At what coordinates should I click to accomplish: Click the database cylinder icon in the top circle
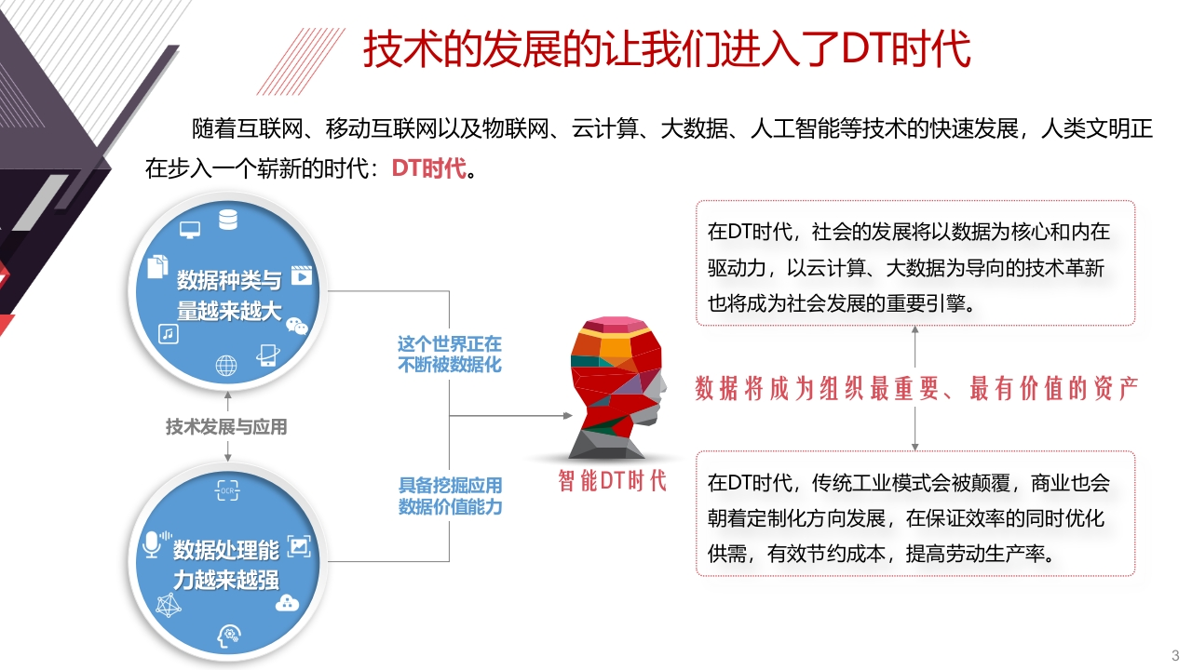(x=228, y=220)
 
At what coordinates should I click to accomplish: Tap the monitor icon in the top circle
(x=190, y=230)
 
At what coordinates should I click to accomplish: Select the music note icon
(x=169, y=334)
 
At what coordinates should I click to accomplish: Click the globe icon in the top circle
(x=226, y=366)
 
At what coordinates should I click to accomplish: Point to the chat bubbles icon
(x=296, y=326)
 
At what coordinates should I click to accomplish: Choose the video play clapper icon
(x=302, y=275)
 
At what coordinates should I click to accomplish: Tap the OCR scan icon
(x=227, y=490)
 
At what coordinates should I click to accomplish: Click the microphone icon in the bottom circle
(x=156, y=544)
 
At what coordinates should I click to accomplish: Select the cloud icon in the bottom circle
(x=288, y=604)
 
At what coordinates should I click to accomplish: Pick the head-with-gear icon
(x=229, y=636)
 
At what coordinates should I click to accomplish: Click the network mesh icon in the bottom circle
(x=169, y=605)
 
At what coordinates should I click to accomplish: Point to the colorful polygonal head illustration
(x=617, y=388)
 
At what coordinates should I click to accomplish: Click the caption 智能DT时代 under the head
(x=613, y=481)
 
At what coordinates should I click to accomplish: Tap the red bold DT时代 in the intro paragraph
(x=429, y=168)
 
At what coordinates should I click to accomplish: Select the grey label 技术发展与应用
(x=226, y=427)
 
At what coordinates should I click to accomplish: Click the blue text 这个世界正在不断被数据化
(x=450, y=355)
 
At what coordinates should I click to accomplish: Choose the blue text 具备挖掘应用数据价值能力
(x=450, y=496)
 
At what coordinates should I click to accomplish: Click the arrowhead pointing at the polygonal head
(x=568, y=415)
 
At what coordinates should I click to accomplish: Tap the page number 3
(x=1175, y=656)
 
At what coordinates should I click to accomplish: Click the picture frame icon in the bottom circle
(x=299, y=546)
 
